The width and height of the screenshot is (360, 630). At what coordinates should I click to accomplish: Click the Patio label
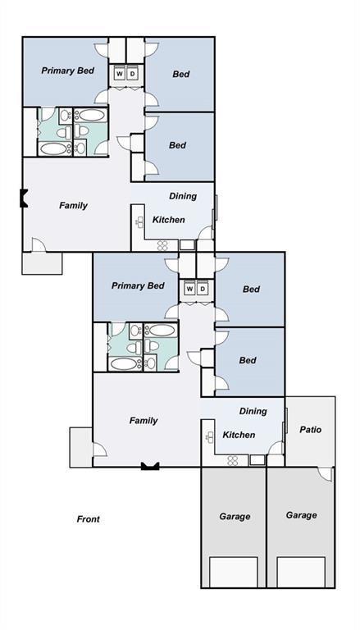coord(310,429)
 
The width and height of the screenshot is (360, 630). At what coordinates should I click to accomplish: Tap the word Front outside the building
coord(88,519)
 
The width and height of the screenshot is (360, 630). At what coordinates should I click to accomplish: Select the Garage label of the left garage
coord(235,516)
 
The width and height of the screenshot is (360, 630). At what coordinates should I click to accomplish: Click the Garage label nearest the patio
coord(301,515)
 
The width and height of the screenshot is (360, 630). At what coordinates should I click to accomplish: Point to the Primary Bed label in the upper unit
coord(67,71)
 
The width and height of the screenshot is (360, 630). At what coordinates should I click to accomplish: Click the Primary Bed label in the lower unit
coord(138,286)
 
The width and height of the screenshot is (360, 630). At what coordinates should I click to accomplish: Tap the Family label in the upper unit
coord(73,205)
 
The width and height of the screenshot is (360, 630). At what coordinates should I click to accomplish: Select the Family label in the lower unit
coord(144,421)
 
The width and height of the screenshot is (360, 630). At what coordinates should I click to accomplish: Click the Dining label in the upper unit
coord(182,196)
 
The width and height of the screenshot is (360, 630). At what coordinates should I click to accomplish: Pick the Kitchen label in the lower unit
coord(239,435)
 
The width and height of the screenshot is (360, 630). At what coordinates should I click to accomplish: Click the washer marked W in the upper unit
coord(119,74)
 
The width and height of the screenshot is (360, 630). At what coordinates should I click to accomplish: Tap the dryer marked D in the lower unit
coord(202,289)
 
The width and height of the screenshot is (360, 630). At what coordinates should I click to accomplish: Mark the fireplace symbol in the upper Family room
coord(24,198)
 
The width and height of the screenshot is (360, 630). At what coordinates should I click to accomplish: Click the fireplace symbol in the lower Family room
coord(149,465)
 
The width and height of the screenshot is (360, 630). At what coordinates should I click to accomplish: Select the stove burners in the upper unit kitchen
coord(162,244)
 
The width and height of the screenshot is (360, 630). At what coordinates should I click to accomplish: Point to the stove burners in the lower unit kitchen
coord(233,459)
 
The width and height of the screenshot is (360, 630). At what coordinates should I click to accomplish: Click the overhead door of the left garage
coord(233,571)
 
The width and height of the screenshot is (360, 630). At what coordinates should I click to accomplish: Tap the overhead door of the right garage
coord(300,571)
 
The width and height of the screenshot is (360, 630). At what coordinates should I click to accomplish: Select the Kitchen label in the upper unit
coord(169,220)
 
